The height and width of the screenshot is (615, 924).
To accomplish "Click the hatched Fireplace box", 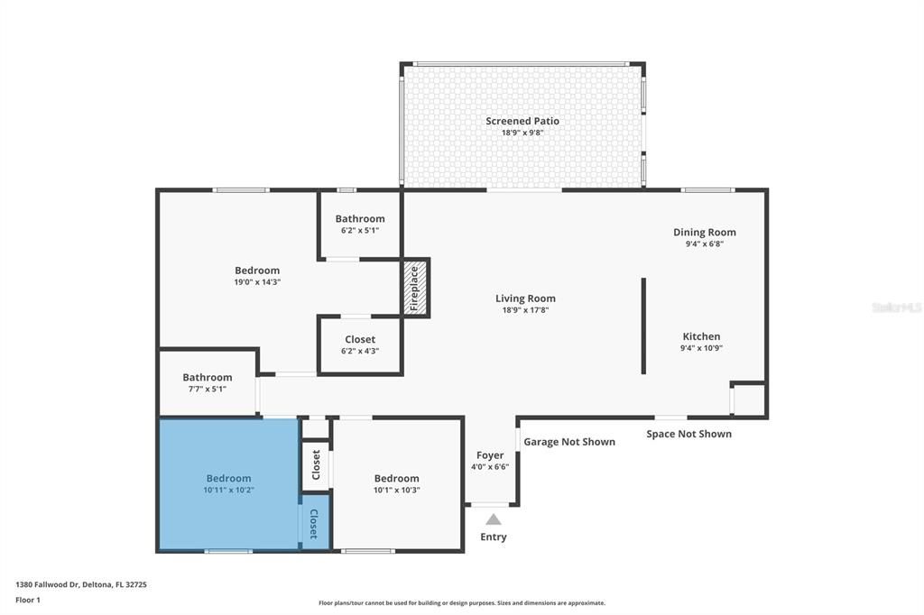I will (x=415, y=288).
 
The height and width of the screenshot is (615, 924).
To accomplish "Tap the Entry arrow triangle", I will (x=493, y=519).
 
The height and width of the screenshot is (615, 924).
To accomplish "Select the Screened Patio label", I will (x=522, y=121).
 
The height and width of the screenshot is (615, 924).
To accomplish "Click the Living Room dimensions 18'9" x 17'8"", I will (x=525, y=310).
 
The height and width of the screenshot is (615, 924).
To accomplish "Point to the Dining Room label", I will (x=705, y=232).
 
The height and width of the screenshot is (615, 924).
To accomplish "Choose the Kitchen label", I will (x=701, y=336).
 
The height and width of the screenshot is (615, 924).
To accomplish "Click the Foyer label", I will (x=490, y=455).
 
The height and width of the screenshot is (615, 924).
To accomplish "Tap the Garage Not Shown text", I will (x=569, y=442).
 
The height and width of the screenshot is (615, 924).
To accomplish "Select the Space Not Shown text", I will (x=688, y=434).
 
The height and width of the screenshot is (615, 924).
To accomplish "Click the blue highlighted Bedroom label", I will (x=228, y=478).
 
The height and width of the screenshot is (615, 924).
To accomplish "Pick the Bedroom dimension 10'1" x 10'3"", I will (x=397, y=491).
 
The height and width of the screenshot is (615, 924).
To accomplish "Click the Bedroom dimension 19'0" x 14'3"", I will (x=257, y=282).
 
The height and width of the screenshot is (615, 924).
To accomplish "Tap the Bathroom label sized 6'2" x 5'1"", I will (x=360, y=218).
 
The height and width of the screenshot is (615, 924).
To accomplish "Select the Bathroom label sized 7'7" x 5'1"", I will (x=208, y=377).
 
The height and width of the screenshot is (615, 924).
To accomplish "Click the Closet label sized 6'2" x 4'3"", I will (x=360, y=339).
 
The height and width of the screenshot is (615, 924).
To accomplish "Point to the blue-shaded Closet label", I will (x=314, y=524).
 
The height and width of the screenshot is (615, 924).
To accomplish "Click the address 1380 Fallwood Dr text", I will (x=81, y=584).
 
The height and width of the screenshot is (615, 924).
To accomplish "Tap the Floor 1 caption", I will (x=28, y=600).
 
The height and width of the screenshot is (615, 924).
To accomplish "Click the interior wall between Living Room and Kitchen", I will (x=643, y=325).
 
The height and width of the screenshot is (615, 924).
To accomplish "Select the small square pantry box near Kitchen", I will (x=748, y=399).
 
